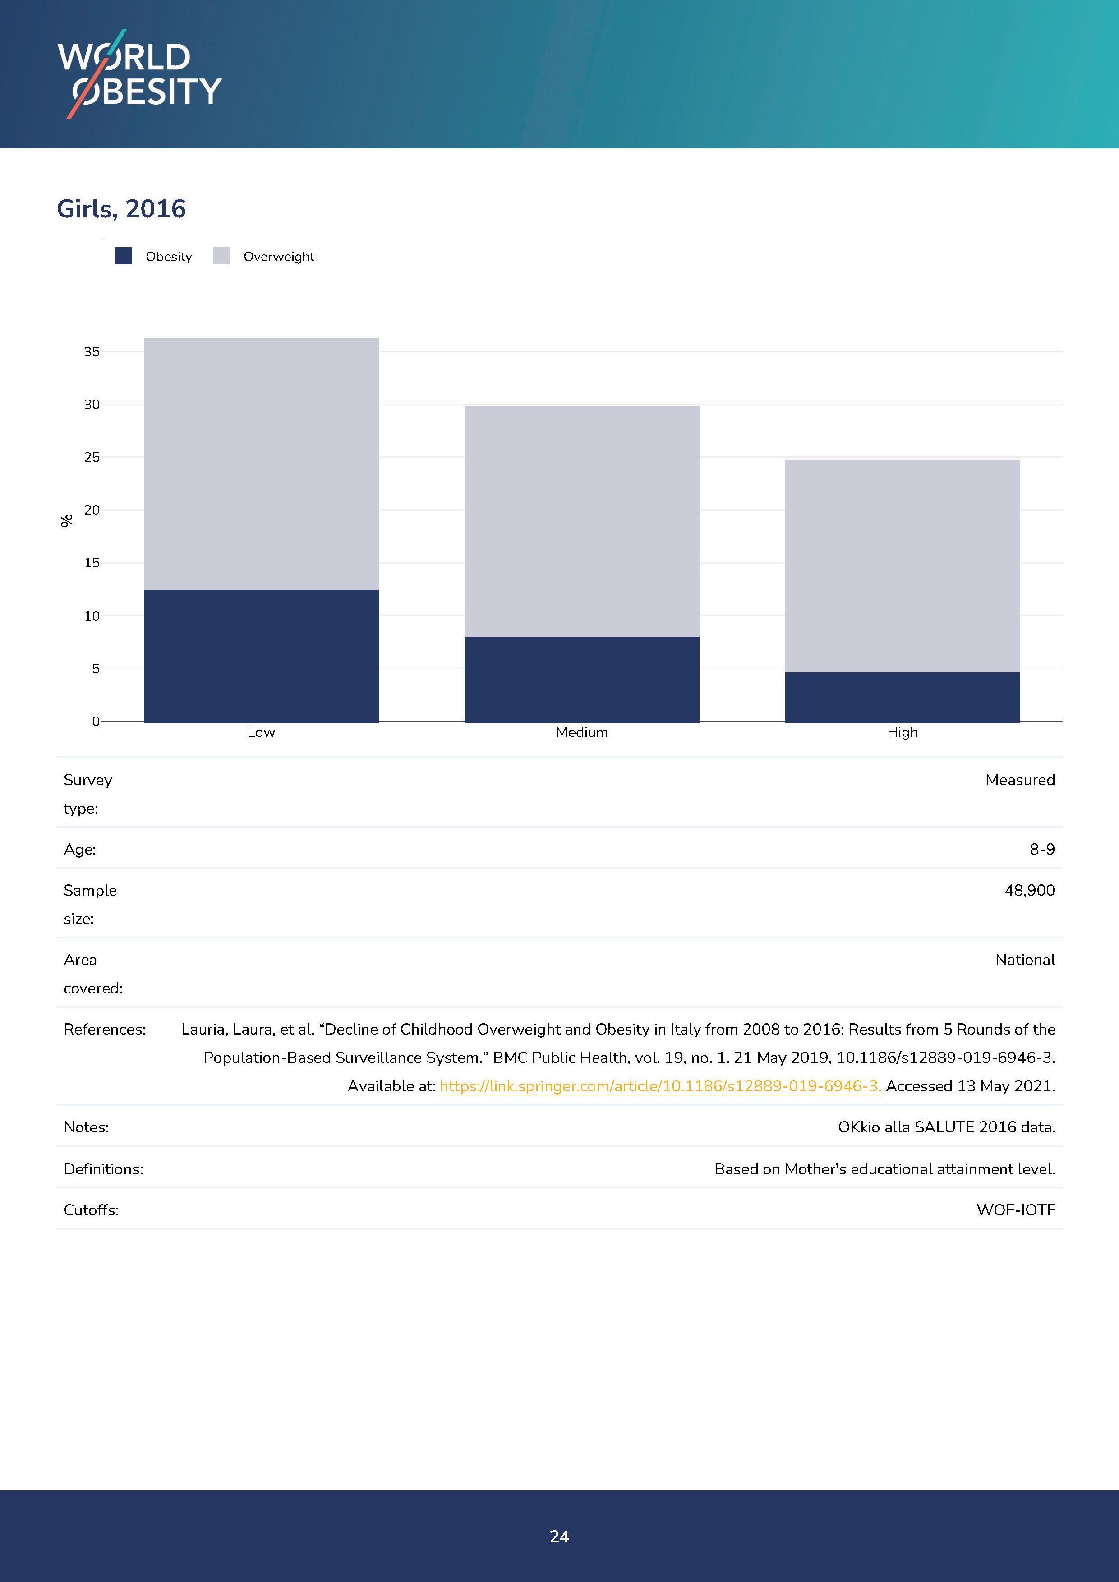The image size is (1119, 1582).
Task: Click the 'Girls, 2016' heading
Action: point(121,209)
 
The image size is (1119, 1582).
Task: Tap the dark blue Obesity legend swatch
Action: point(123,256)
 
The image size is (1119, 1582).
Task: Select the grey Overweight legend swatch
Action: point(221,256)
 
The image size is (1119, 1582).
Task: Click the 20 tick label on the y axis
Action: point(92,510)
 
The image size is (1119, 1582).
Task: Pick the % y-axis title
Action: point(67,521)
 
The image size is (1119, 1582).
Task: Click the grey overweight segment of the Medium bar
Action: point(581,521)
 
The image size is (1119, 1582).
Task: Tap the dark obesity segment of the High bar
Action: point(902,697)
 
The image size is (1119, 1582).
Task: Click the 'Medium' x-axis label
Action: point(581,732)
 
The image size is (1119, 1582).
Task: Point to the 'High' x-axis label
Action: point(902,732)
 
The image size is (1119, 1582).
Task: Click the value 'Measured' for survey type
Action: point(1020,780)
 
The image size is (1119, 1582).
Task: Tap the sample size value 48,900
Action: point(1029,890)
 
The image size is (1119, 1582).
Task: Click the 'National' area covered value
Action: point(1025,960)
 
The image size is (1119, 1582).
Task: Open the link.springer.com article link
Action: point(660,1086)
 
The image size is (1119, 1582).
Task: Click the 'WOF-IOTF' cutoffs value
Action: point(1016,1210)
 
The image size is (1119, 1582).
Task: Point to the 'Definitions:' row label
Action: point(103,1169)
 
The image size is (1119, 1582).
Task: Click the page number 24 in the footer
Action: point(559,1536)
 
